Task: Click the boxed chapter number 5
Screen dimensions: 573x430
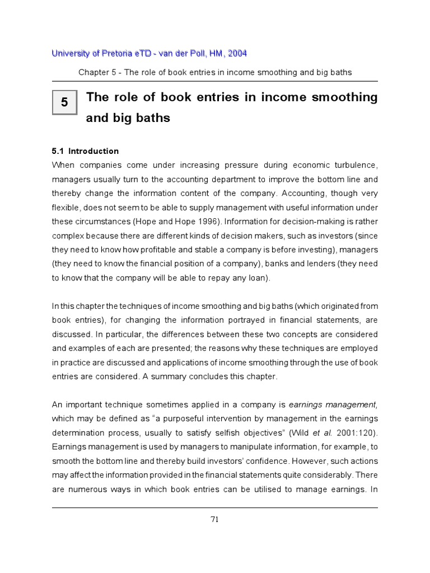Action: tap(64, 103)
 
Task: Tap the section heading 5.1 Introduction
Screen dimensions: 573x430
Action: tap(85, 151)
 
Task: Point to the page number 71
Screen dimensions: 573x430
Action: tap(214, 519)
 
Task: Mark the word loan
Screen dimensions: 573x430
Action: tap(258, 278)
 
